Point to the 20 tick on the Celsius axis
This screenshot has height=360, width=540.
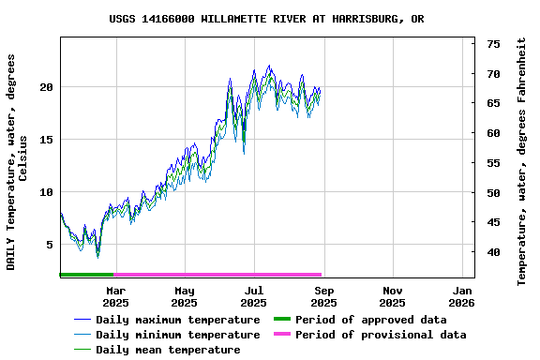pyautogui.click(x=47, y=87)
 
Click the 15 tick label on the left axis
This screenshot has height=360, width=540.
pyautogui.click(x=47, y=140)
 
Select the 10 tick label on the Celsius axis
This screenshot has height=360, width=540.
pyautogui.click(x=47, y=192)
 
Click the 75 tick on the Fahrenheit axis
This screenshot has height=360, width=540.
pyautogui.click(x=493, y=44)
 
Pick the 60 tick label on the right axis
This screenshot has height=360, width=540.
pyautogui.click(x=493, y=133)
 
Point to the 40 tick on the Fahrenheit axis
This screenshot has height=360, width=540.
pyautogui.click(x=493, y=252)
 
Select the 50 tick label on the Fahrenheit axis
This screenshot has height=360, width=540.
pyautogui.click(x=493, y=193)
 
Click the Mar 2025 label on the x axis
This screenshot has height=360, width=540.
pyautogui.click(x=115, y=296)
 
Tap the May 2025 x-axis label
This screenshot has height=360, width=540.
pyautogui.click(x=185, y=296)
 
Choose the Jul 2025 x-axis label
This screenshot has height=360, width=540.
pyautogui.click(x=254, y=296)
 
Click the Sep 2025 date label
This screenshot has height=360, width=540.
pyautogui.click(x=323, y=296)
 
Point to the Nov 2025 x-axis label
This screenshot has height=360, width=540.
pyautogui.click(x=393, y=296)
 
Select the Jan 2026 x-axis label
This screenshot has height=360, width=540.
pyautogui.click(x=462, y=296)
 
